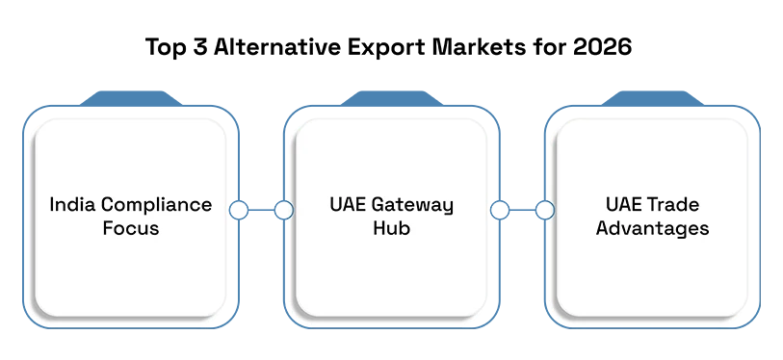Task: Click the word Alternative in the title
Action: click(264, 47)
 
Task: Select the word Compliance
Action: click(156, 206)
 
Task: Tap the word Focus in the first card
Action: click(131, 228)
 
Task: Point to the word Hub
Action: click(391, 228)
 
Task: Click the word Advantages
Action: click(652, 229)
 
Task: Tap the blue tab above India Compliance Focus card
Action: click(131, 98)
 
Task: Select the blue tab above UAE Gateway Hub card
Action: click(391, 98)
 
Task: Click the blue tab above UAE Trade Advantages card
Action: click(652, 98)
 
